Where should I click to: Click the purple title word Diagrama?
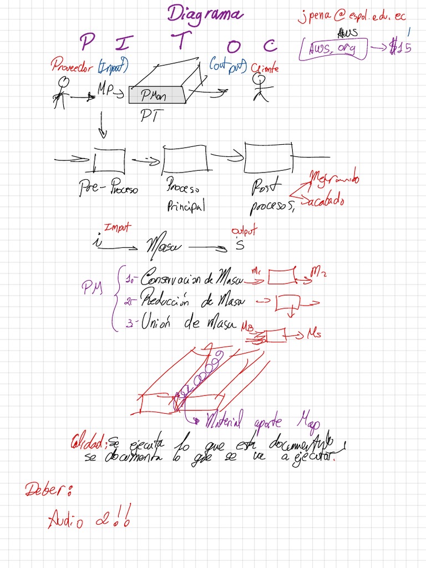click(x=205, y=14)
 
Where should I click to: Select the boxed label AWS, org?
click(x=335, y=49)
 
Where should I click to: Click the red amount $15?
click(x=399, y=48)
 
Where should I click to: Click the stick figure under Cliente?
click(x=260, y=88)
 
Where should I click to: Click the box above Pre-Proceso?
click(x=109, y=160)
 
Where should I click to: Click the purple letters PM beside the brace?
click(x=92, y=287)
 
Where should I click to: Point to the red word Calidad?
click(x=88, y=443)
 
